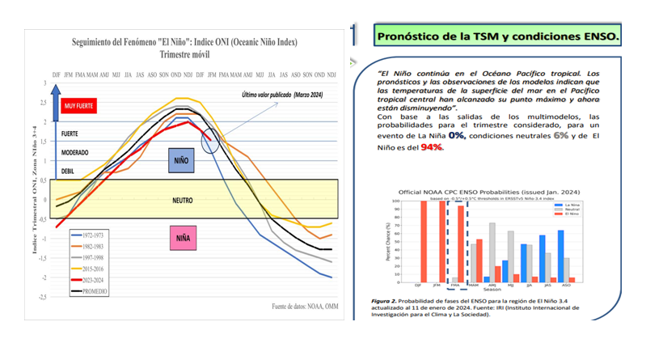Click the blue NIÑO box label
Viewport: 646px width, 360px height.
pyautogui.click(x=181, y=160)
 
